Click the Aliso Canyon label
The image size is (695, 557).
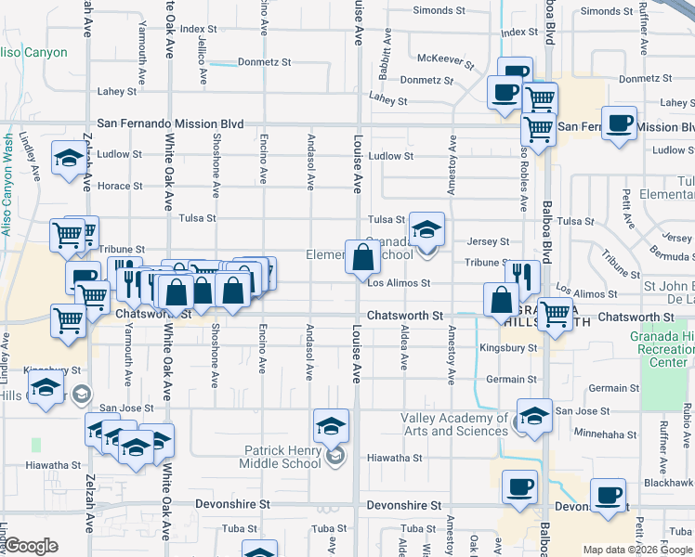pyautogui.click(x=34, y=53)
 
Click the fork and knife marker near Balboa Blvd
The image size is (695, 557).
pyautogui.click(x=523, y=276)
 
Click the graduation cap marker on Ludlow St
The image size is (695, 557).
pyautogui.click(x=69, y=159)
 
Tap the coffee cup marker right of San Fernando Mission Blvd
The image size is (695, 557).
pyautogui.click(x=619, y=123)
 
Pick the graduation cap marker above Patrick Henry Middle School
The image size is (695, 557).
pyautogui.click(x=332, y=426)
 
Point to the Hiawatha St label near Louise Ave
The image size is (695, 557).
pyautogui.click(x=394, y=458)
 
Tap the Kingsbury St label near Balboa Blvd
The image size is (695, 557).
pyautogui.click(x=508, y=348)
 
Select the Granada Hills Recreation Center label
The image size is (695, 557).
pyautogui.click(x=667, y=350)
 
